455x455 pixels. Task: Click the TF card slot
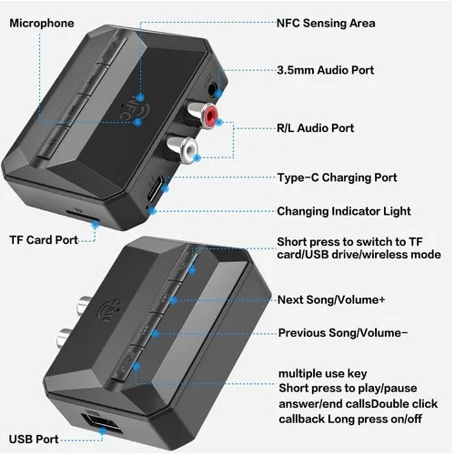tap(81, 217)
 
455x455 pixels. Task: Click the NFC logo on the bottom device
tap(109, 311)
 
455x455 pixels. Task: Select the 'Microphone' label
tap(42, 24)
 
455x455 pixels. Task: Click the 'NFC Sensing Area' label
tap(326, 24)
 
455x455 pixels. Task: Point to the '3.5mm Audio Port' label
tap(326, 70)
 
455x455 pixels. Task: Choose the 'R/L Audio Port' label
tap(315, 128)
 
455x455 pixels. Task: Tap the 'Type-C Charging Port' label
tap(337, 177)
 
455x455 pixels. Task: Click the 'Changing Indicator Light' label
tap(344, 211)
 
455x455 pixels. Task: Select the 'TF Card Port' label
tap(44, 240)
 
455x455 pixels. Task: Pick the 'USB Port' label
tap(34, 440)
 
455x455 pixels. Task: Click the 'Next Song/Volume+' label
tap(331, 299)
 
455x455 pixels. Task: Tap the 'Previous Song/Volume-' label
tap(343, 333)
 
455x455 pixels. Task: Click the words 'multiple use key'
tap(323, 374)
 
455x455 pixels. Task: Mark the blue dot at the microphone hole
tap(138, 122)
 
